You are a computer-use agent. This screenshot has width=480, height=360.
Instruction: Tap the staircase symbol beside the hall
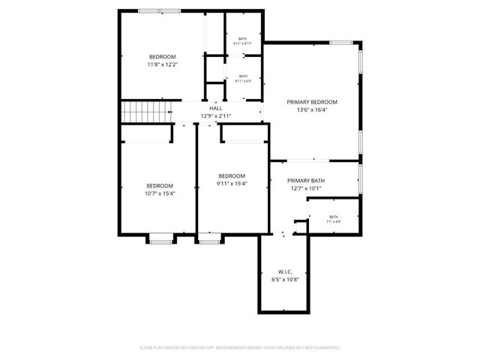(x=148, y=112)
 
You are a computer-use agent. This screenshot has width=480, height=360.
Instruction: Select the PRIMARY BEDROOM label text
(x=312, y=102)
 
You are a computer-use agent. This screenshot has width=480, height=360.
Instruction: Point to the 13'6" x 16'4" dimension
(x=312, y=109)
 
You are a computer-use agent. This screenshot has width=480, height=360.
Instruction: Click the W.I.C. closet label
(x=285, y=271)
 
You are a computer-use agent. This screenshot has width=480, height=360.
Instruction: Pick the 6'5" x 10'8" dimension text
(x=285, y=279)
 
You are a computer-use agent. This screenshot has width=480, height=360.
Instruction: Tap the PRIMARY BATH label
(x=306, y=181)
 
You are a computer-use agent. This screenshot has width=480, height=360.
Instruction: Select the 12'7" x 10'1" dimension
(x=306, y=188)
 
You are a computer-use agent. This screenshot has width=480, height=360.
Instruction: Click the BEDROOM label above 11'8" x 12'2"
(x=162, y=57)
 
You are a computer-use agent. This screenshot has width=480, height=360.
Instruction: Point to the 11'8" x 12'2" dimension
(x=162, y=65)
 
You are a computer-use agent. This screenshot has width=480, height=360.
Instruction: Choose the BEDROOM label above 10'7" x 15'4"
(x=160, y=186)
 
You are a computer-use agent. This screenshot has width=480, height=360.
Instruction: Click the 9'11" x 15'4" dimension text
(x=232, y=184)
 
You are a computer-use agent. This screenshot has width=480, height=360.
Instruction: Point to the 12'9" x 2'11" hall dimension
(x=216, y=116)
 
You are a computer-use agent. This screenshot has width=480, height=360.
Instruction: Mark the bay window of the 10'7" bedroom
(x=160, y=239)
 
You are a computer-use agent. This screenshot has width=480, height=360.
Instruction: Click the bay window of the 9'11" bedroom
(x=209, y=239)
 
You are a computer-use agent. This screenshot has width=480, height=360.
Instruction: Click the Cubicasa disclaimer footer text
(x=240, y=348)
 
